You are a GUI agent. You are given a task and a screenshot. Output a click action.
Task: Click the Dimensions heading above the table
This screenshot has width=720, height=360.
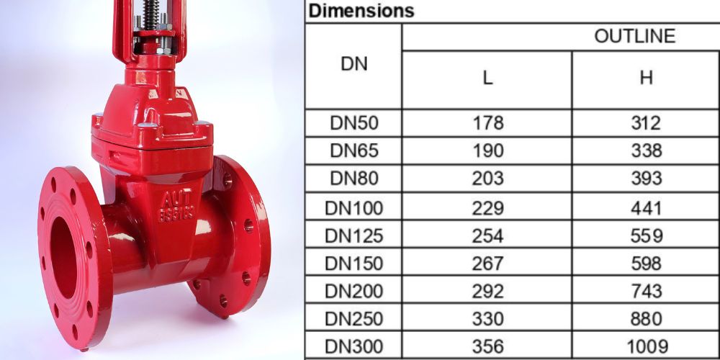[361, 12]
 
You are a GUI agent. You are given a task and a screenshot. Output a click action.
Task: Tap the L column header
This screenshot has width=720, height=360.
[487, 78]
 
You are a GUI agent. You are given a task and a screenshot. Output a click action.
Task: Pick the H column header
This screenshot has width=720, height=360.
[646, 78]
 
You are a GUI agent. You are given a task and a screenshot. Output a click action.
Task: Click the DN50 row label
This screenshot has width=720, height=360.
[353, 123]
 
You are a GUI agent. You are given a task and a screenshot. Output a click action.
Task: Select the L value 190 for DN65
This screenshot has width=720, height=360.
[487, 151]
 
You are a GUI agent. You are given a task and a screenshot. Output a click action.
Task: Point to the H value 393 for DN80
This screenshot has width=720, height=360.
[646, 179]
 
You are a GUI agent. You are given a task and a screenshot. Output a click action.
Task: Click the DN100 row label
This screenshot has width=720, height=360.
[353, 208]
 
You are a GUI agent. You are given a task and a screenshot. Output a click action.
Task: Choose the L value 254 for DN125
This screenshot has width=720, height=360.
[487, 235]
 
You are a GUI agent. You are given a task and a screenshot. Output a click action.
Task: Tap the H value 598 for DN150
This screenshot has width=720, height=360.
[646, 264]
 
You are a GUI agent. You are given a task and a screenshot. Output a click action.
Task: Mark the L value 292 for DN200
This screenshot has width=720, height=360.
[487, 291]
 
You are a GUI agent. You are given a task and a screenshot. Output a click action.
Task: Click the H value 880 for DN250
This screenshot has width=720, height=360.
[646, 318]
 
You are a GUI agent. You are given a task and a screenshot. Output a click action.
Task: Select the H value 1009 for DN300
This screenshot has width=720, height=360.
[646, 346]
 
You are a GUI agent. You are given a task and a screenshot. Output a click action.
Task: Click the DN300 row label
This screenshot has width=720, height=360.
[353, 346]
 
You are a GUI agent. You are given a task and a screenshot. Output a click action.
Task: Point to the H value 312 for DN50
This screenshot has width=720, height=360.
[646, 123]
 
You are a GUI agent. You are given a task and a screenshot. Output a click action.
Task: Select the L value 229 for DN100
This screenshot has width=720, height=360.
[487, 208]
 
